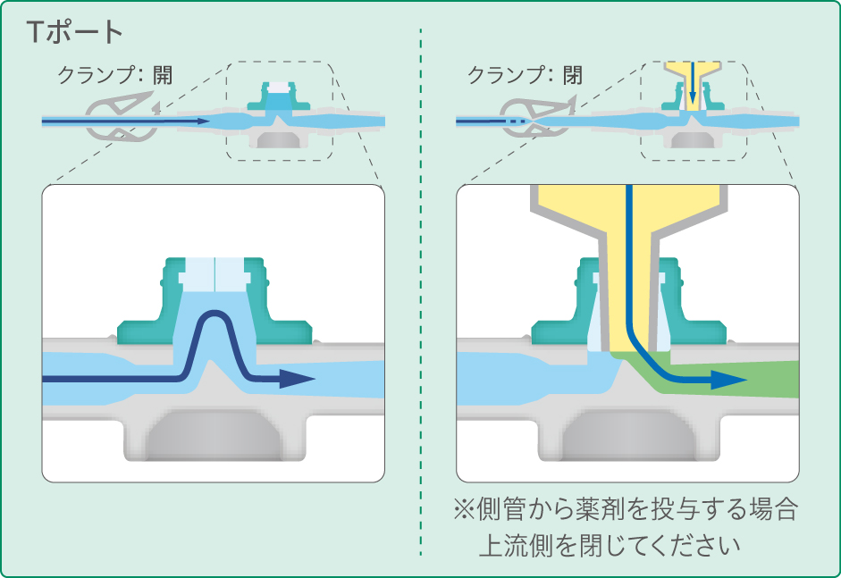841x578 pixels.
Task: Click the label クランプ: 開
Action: tap(114, 75)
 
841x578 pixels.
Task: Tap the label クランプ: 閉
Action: tap(525, 75)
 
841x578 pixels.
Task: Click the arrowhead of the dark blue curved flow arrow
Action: tap(299, 380)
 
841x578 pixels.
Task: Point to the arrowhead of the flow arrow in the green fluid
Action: tap(732, 380)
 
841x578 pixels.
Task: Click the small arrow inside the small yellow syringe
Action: tap(692, 96)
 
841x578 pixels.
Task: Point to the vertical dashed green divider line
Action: tap(420, 295)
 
